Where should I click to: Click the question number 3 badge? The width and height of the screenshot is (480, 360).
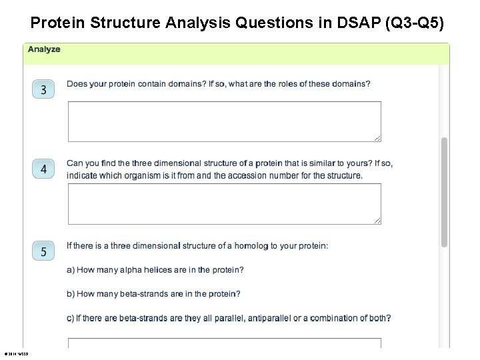43,89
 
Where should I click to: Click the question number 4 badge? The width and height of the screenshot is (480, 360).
43,169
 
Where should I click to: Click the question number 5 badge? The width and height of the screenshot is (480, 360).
43,251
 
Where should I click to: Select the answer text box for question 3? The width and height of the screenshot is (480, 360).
224,121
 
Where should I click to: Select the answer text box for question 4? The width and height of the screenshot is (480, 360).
224,204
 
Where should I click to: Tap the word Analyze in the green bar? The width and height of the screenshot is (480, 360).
44,49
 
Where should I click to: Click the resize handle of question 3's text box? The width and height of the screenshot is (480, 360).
377,138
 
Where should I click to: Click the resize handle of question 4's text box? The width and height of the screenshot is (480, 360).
377,221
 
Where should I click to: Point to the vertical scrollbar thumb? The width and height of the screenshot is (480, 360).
444,192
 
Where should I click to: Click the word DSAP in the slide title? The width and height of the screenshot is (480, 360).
345,23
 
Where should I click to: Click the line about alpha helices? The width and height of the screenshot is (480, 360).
155,270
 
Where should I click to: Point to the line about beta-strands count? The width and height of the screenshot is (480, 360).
153,294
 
